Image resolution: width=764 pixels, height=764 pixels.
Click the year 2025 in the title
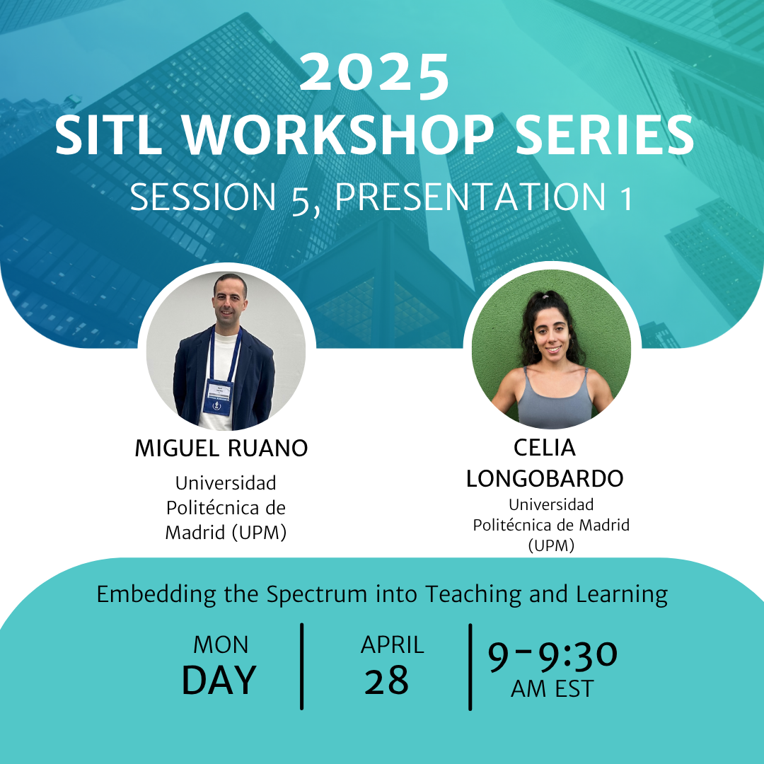(374, 73)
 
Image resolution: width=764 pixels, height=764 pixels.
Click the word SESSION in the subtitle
(203, 197)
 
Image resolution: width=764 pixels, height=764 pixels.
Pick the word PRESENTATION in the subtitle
(470, 197)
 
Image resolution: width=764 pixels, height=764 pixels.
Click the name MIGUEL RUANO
(221, 448)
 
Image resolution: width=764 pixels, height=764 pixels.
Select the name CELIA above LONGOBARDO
(545, 448)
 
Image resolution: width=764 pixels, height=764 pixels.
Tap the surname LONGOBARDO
(545, 478)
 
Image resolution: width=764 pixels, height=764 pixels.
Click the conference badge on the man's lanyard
(218, 397)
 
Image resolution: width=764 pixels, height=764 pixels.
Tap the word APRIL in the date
(392, 645)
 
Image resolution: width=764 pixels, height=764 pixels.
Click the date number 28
(386, 681)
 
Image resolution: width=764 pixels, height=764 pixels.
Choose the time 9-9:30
(552, 656)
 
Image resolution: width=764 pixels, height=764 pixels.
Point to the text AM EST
(552, 689)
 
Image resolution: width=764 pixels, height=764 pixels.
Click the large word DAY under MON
(219, 681)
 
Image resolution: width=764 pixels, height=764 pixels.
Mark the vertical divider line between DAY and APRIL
(302, 666)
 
